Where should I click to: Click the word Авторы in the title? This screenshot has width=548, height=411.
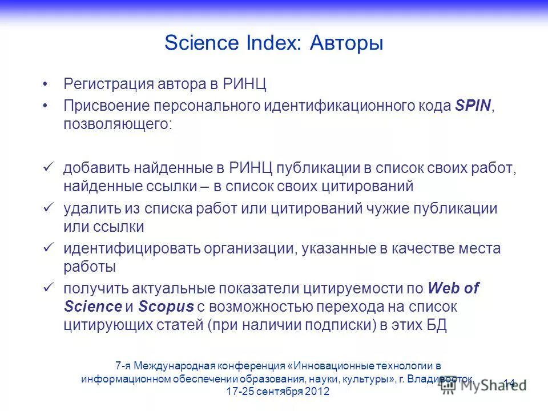(x=346, y=44)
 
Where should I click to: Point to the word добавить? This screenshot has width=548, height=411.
(x=96, y=168)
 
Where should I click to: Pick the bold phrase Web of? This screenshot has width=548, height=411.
(x=453, y=289)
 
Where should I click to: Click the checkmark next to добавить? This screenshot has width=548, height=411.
(x=49, y=167)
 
